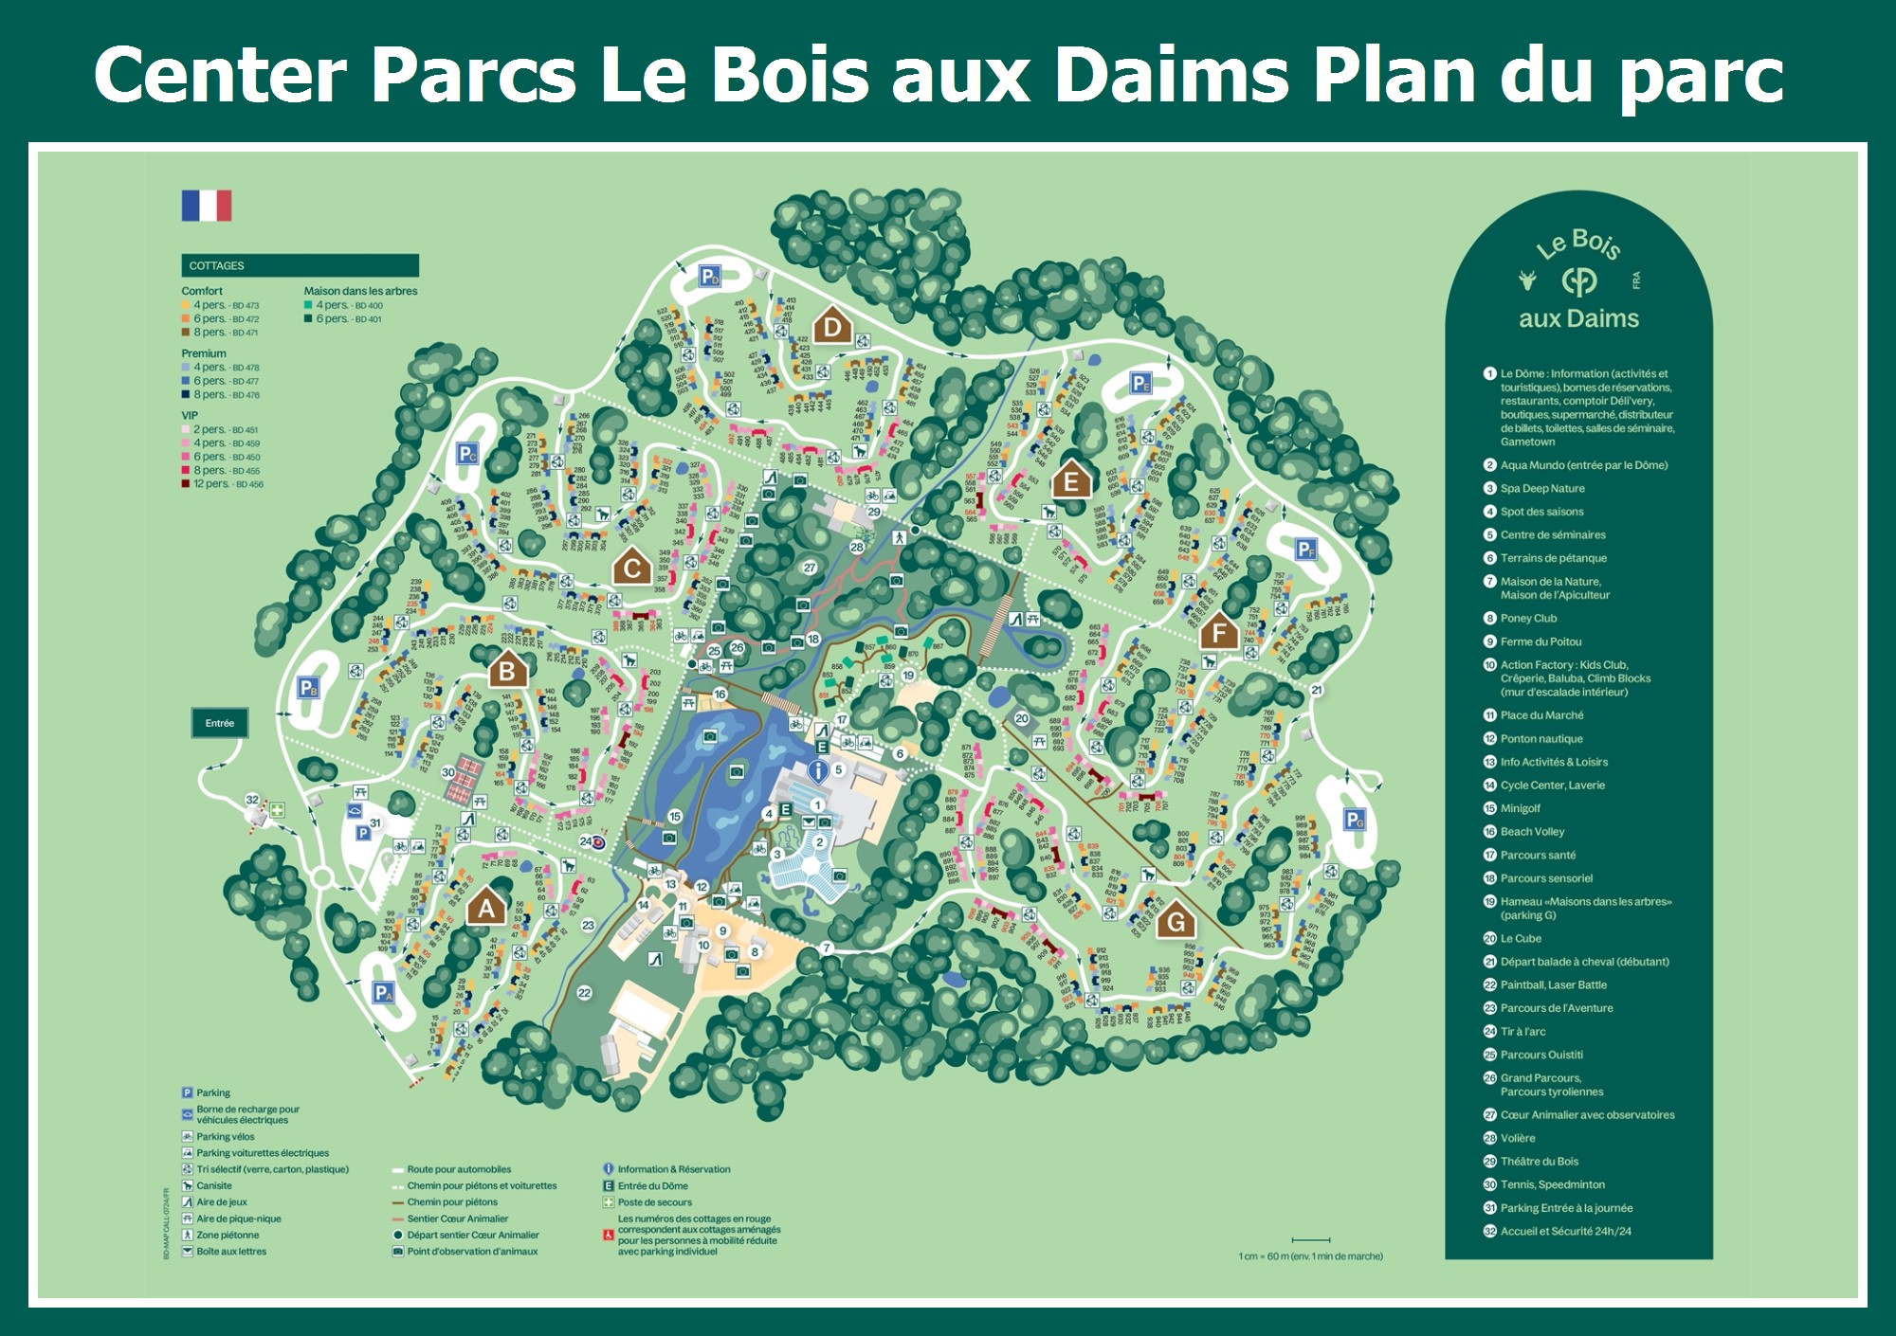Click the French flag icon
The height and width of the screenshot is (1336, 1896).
pyautogui.click(x=207, y=206)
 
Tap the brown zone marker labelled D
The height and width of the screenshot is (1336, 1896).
pyautogui.click(x=832, y=328)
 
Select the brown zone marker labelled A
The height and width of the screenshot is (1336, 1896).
pyautogui.click(x=486, y=908)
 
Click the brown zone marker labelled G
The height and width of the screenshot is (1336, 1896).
pyautogui.click(x=1176, y=921)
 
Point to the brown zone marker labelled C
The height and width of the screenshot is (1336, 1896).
pyautogui.click(x=631, y=568)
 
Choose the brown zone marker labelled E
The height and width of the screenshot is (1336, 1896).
pyautogui.click(x=1071, y=481)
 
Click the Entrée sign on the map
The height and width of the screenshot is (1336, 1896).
pyautogui.click(x=219, y=723)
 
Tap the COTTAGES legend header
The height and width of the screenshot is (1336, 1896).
pyautogui.click(x=300, y=265)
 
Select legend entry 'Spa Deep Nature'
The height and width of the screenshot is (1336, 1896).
pyautogui.click(x=1541, y=489)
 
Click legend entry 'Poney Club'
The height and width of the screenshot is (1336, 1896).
pyautogui.click(x=1528, y=619)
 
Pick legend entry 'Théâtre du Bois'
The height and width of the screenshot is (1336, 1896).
pyautogui.click(x=1539, y=1162)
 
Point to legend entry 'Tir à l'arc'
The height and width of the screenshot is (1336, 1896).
pyautogui.click(x=1522, y=1032)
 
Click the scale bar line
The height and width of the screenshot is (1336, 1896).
pyautogui.click(x=1311, y=1239)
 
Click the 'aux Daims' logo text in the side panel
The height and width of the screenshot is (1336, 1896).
pyautogui.click(x=1578, y=319)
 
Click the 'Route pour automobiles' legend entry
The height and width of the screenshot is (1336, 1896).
pyautogui.click(x=458, y=1170)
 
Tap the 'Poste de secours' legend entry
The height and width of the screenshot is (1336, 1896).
pyautogui.click(x=654, y=1202)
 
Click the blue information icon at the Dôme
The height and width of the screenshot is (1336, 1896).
pyautogui.click(x=817, y=771)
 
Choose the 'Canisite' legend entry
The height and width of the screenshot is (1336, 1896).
pyautogui.click(x=213, y=1186)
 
